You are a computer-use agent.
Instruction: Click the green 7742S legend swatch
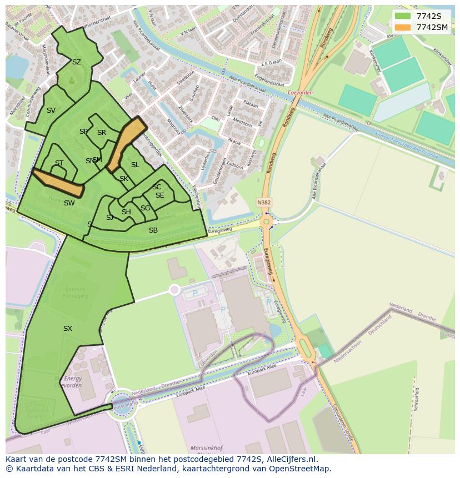tap(403, 16)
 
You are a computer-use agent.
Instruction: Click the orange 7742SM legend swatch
tap(403, 27)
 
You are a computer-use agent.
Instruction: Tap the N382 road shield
tap(264, 203)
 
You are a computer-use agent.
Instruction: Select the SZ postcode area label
tap(77, 62)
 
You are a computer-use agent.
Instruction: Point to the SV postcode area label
tap(51, 110)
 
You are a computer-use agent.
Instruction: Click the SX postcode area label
tap(68, 329)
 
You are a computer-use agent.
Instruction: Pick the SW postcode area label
tap(69, 203)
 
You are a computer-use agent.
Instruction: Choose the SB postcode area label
tap(153, 230)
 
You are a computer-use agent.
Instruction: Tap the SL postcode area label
tap(135, 165)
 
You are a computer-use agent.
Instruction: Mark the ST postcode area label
tap(59, 163)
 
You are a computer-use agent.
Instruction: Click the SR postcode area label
tap(102, 133)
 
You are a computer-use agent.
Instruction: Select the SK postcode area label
tap(124, 179)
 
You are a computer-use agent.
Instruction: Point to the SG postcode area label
tap(145, 208)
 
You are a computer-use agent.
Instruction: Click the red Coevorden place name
tap(300, 93)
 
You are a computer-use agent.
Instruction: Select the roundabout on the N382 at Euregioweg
tap(267, 222)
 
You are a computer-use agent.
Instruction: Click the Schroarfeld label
tap(417, 399)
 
